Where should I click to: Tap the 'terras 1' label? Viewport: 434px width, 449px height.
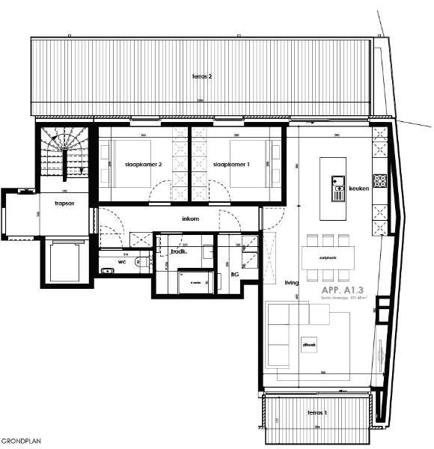pos(317,413)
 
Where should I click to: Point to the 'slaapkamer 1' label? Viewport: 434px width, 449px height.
pos(230,165)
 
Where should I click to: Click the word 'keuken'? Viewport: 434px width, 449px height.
pos(360,189)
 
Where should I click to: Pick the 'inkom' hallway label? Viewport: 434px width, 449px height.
pos(191,219)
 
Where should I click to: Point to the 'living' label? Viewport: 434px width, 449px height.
pos(292,283)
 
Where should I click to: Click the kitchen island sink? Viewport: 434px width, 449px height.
pos(336,182)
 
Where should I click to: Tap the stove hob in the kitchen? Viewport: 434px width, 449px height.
pos(379,180)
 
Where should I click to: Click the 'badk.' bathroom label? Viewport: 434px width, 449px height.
pos(178,252)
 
